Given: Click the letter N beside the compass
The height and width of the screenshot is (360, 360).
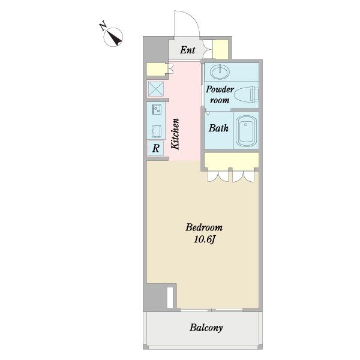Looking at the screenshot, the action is pos(103,26).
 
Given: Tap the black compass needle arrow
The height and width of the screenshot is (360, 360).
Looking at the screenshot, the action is pos(114,38).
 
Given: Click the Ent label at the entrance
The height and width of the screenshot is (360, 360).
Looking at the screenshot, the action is pos(188,50).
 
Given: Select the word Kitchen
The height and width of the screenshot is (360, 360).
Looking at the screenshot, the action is pos(175,134).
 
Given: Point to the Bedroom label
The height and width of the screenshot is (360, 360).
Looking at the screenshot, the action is pos(204,227).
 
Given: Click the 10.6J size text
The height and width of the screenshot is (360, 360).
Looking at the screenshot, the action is pos(204,239).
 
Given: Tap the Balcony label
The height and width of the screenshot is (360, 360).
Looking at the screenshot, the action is pos(206,328).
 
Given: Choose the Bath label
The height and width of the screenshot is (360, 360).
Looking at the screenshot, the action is pos(218,128).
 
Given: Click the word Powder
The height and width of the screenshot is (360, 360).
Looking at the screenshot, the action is pos(220,89).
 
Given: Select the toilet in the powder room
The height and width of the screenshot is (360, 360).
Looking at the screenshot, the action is pos(247,94).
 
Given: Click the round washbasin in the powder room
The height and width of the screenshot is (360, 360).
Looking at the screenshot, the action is pos(220,72).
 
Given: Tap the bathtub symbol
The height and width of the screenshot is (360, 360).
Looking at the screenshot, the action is pos(246,131).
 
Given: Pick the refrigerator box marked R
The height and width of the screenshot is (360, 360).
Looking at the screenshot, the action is pos(155,148).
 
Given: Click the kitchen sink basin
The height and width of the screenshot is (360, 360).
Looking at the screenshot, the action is pos(157,131).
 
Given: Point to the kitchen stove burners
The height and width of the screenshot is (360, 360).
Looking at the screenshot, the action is pos(157,109).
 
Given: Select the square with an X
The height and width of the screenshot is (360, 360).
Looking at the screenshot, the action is pos(156,89).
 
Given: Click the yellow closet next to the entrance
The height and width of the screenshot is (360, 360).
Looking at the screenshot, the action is pos(220,49).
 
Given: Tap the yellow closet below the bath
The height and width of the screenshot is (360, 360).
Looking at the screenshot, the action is pos(232,160).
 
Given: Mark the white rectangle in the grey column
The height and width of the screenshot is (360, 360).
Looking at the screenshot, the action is pos(170,298).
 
